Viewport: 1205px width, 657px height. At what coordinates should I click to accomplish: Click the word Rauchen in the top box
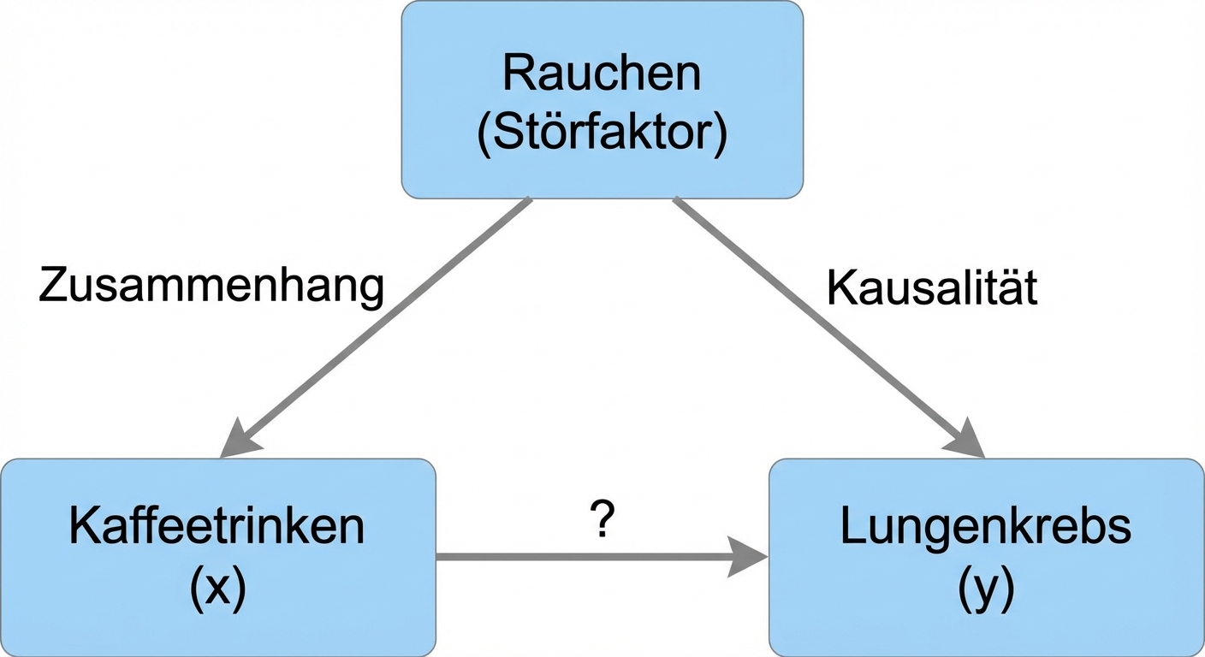(602, 74)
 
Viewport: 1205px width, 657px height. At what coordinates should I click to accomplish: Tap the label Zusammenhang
(211, 287)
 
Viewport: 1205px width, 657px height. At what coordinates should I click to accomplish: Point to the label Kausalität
(932, 289)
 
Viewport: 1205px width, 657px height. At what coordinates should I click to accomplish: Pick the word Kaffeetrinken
(217, 528)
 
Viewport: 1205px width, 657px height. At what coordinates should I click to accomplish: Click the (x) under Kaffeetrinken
(217, 589)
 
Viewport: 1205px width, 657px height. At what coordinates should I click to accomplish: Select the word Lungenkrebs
(986, 528)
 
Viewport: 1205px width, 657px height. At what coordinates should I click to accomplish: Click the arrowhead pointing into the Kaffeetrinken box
(239, 441)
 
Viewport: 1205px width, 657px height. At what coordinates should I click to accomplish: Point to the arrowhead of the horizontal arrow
(747, 556)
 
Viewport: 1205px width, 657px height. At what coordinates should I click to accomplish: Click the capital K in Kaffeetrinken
(83, 528)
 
